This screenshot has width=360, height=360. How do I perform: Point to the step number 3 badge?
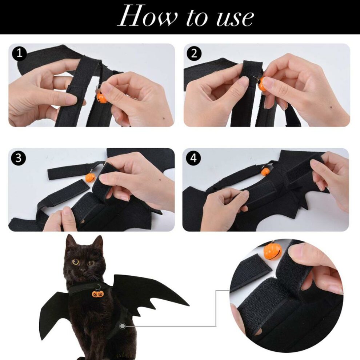tap(19, 158)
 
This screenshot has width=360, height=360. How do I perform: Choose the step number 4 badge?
tap(193, 158)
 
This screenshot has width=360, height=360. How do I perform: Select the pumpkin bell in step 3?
tap(90, 177)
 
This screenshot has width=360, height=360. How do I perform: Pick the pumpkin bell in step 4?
tap(266, 171)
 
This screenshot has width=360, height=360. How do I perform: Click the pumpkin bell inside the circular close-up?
tap(273, 251)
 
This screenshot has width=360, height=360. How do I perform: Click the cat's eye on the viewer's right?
tap(91, 263)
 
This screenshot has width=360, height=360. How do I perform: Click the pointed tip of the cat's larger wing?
tap(188, 304)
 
